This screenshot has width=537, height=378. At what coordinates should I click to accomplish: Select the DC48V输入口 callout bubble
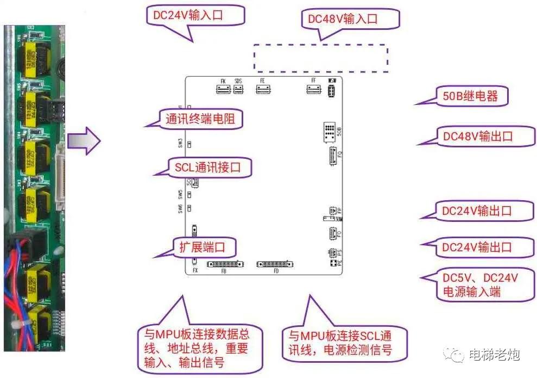(x=350, y=20)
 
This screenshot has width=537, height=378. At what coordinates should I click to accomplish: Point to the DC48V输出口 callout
(x=478, y=136)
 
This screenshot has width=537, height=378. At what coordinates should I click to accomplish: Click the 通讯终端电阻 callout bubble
(x=200, y=119)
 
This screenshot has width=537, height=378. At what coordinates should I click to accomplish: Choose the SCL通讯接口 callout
(x=207, y=167)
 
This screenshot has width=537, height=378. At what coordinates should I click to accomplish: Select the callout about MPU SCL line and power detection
(x=344, y=343)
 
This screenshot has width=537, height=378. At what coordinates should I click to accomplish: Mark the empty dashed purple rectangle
(x=321, y=58)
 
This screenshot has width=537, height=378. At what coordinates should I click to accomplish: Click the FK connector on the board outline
(x=223, y=89)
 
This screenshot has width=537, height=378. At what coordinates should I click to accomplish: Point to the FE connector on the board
(x=262, y=89)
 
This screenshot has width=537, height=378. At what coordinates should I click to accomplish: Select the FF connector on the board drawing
(x=313, y=89)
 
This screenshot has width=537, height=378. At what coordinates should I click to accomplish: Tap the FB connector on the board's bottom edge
(x=225, y=264)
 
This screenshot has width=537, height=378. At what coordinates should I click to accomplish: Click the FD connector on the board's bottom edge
(x=276, y=264)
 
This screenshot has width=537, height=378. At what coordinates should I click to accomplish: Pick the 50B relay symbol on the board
(x=330, y=132)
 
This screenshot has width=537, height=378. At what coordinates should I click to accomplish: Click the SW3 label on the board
(x=181, y=144)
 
